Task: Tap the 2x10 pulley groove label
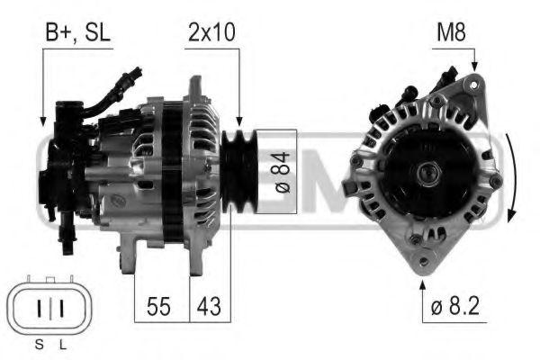tap(213, 34)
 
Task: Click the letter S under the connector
tap(39, 346)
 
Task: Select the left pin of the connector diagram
tap(40, 309)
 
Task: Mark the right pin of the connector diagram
tap(60, 309)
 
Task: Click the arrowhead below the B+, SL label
tap(41, 118)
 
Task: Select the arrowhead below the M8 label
tap(474, 67)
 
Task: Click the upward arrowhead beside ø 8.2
tap(422, 285)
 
